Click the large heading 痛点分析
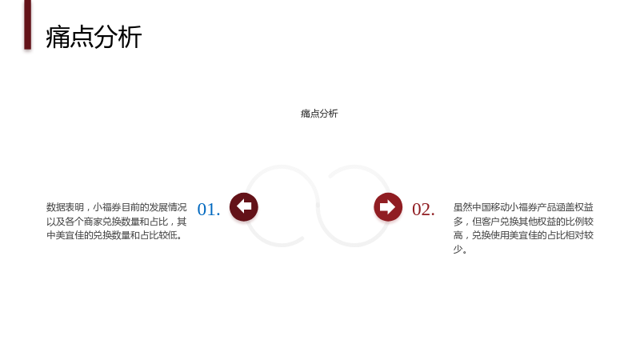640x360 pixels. click(94, 37)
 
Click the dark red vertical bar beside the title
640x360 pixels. click(28, 25)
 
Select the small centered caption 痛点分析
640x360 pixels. click(319, 114)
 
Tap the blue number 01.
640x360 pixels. click(209, 210)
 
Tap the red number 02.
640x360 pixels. click(423, 210)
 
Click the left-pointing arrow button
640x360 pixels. click(244, 207)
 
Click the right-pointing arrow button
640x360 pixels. click(388, 207)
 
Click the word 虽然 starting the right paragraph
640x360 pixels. click(462, 207)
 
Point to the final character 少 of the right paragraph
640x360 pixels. click(458, 249)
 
